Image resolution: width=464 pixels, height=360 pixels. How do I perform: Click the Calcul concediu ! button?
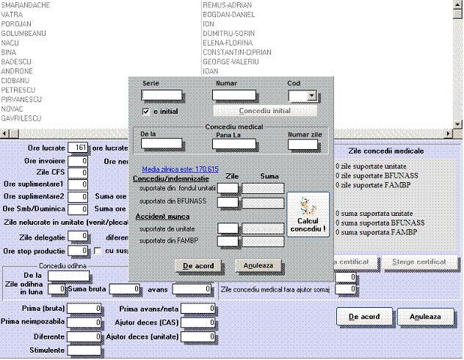click(x=308, y=214)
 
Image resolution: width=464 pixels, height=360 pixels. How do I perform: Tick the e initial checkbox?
click(x=146, y=111)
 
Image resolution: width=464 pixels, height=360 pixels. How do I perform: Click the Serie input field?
click(x=162, y=95)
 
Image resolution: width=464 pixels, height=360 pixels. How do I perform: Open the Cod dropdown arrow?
click(x=312, y=96)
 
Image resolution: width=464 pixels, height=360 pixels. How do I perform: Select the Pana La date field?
click(x=234, y=144)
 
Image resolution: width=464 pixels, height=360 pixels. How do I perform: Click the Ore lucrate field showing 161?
click(x=78, y=148)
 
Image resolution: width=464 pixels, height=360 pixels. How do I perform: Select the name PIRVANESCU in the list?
click(x=21, y=99)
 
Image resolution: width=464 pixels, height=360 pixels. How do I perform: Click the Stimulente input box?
click(x=84, y=350)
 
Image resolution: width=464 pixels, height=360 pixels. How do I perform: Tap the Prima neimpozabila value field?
click(x=84, y=322)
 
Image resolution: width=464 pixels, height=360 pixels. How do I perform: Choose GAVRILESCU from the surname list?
click(x=21, y=118)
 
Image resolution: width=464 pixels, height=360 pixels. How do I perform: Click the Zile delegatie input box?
click(x=78, y=237)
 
